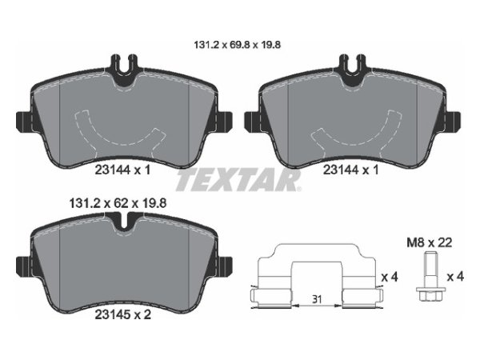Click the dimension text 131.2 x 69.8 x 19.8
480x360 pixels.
[238, 46]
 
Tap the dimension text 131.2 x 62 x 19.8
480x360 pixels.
[118, 203]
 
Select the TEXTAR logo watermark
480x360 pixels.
[238, 180]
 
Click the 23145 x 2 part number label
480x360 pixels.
[122, 314]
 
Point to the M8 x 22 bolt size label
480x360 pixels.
[429, 242]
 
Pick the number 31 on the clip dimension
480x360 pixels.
[317, 299]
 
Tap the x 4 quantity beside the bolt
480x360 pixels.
[455, 277]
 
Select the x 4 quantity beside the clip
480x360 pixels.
[390, 278]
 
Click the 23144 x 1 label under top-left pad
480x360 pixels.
[122, 170]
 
